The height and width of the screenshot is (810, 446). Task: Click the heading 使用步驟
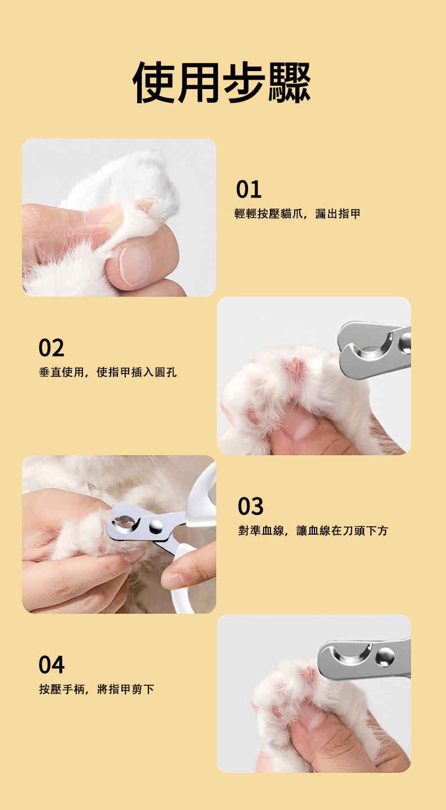221,82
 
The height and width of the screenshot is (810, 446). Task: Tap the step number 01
248,189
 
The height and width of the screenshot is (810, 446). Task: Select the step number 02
51,347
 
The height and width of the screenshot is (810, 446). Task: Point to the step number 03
251,506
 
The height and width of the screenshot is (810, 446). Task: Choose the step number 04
51,664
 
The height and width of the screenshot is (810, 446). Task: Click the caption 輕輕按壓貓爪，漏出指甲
297,214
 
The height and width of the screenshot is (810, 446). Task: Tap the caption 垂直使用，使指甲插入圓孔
107,372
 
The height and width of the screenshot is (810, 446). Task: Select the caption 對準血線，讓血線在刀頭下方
313,530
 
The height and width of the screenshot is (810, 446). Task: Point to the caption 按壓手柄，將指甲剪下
97,689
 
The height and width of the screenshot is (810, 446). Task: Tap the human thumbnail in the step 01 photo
135,263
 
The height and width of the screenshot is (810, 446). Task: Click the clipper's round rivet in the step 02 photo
405,342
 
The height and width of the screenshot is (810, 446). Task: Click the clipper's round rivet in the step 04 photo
385,657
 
